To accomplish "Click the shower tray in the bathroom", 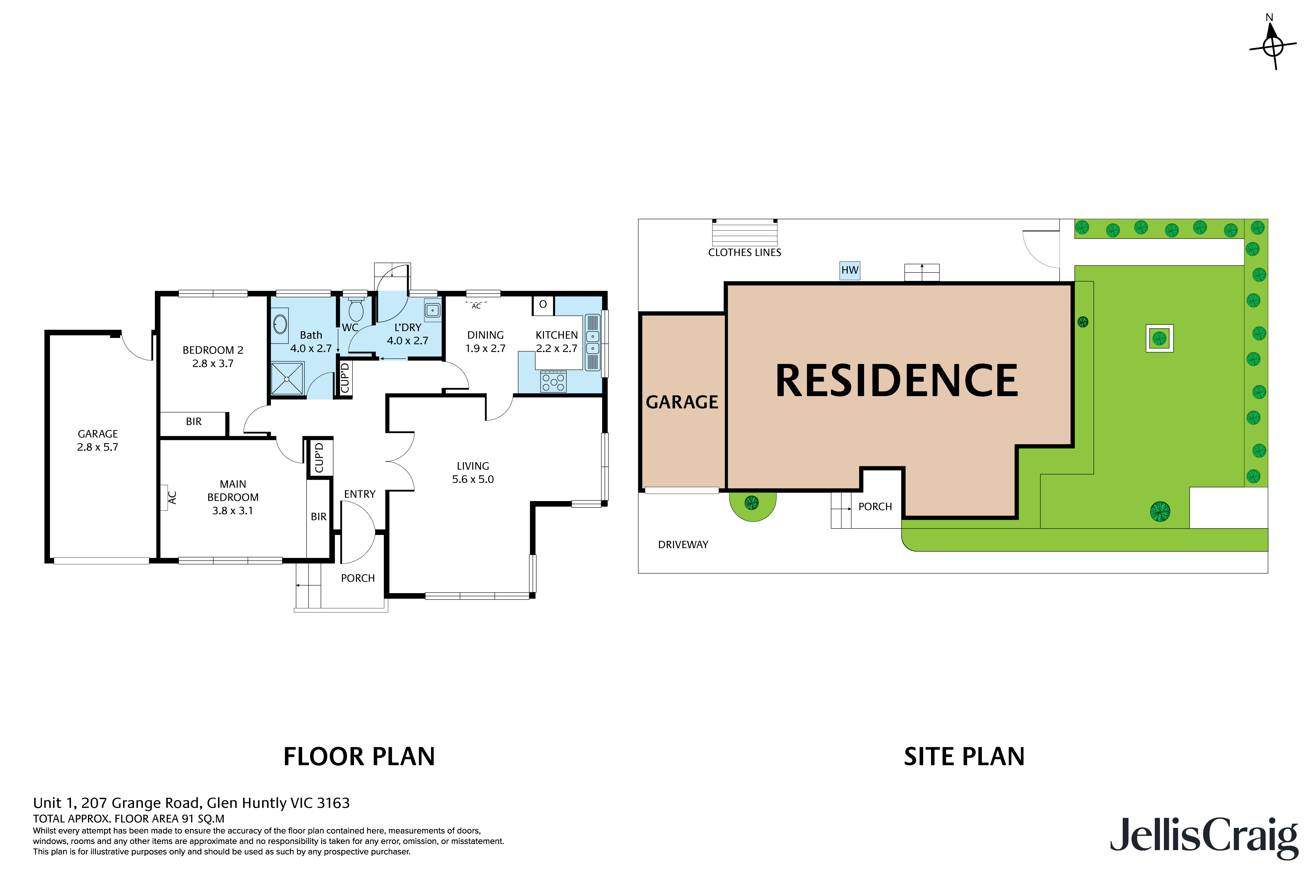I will coord(287,379).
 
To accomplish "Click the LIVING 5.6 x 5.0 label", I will coord(473,473).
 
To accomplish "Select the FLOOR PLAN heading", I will coord(359,757).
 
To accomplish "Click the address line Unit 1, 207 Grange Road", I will coord(191,803).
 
